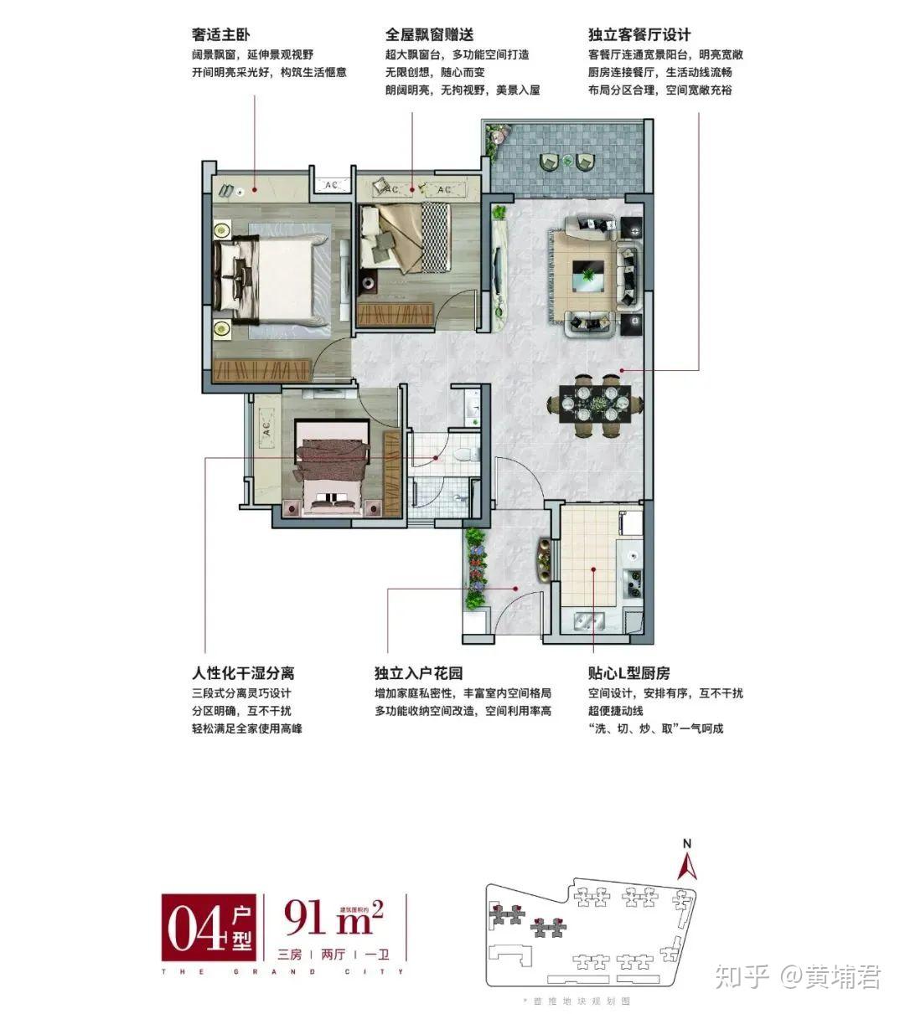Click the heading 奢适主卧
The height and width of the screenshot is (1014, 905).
click(x=221, y=35)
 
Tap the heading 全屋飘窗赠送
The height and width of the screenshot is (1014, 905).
click(x=429, y=35)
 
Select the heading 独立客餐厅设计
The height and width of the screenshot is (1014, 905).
click(x=639, y=35)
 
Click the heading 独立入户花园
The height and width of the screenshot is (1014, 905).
click(x=418, y=673)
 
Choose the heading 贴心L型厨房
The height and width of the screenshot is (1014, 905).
click(x=628, y=673)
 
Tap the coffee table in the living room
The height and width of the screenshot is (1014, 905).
click(x=592, y=272)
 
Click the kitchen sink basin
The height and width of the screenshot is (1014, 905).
click(x=590, y=621)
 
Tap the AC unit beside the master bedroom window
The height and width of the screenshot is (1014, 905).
click(x=330, y=184)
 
